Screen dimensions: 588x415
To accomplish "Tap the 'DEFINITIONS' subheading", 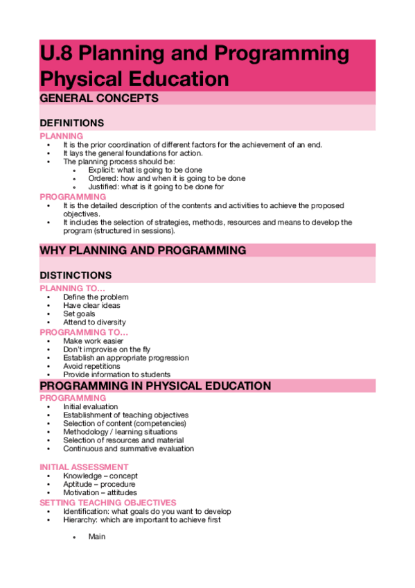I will coord(72,123).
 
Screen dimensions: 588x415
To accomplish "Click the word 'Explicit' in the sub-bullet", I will coord(102,170).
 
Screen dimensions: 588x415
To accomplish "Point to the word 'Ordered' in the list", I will coord(103,178).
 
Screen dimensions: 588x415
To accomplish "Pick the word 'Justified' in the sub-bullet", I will coord(103,187).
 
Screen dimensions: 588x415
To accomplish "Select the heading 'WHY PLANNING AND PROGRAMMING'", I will coord(143,250).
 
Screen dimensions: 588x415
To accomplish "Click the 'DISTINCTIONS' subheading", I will coord(76,275).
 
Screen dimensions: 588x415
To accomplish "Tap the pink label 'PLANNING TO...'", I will coord(73,288).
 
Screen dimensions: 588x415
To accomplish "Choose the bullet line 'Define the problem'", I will coord(96,297).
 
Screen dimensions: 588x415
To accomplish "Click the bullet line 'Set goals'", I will coord(79,313).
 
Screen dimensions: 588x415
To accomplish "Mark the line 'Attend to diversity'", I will coord(94,322).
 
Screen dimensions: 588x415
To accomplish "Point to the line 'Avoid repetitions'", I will coord(91,366).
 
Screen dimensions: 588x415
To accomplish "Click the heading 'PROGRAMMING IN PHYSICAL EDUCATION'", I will coord(155,386).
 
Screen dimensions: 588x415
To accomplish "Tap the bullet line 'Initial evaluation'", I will coord(90,406).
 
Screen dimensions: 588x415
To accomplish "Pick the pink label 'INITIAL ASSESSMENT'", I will coord(84,467).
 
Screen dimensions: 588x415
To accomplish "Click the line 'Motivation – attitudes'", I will coord(100,492).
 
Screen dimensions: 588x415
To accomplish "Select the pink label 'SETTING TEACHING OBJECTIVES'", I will coord(108,502).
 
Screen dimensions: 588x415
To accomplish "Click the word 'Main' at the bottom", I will coord(96,536).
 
